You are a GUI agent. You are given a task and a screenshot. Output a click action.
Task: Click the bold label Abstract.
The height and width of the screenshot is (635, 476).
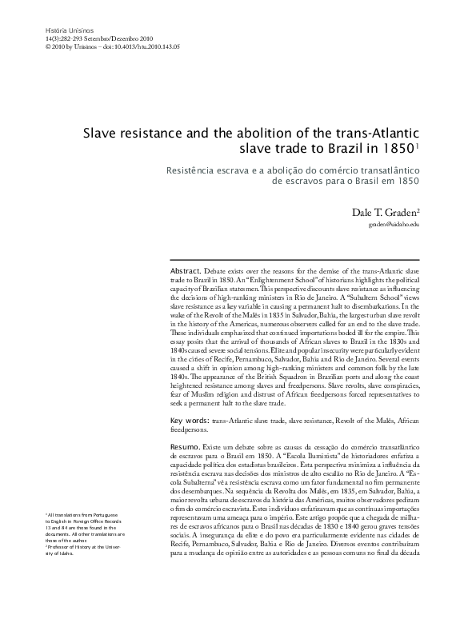tap(186, 272)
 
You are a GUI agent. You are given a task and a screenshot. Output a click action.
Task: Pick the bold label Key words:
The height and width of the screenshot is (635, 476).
tap(192, 420)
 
